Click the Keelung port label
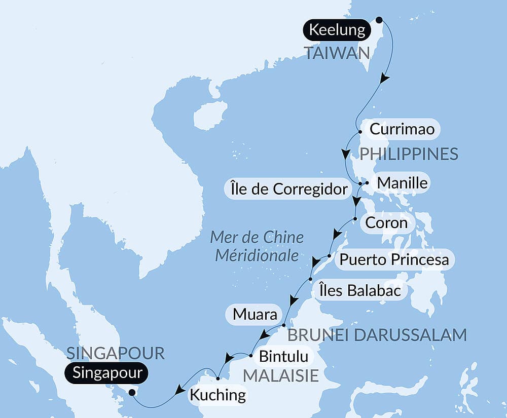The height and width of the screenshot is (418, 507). [337, 30]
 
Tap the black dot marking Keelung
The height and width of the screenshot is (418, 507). [378, 21]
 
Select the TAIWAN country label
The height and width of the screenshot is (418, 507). [336, 52]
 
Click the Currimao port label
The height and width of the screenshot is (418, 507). [402, 129]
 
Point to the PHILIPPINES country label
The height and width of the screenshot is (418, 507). [409, 154]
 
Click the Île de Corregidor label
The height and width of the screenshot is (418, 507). [287, 189]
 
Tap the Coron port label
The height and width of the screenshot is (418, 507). [386, 222]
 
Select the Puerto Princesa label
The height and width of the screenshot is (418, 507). [394, 260]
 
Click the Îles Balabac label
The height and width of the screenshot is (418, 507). [361, 290]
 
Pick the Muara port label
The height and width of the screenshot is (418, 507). [255, 315]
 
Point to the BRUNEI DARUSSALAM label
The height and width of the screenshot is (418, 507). [377, 335]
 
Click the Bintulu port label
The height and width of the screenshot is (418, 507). [283, 356]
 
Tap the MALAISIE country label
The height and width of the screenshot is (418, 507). [281, 375]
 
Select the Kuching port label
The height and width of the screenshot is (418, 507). [218, 394]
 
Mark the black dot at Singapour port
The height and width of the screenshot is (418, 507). [132, 392]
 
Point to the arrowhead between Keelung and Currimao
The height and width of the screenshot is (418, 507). [385, 79]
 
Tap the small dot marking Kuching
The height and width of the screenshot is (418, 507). [218, 378]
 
